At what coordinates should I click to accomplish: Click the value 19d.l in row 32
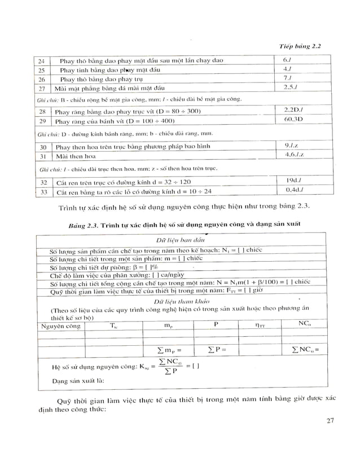[x=295, y=180]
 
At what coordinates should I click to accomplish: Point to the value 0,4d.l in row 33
[x=295, y=190]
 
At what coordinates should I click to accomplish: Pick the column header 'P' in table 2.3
[x=216, y=324]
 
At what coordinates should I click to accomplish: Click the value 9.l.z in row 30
[x=295, y=146]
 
